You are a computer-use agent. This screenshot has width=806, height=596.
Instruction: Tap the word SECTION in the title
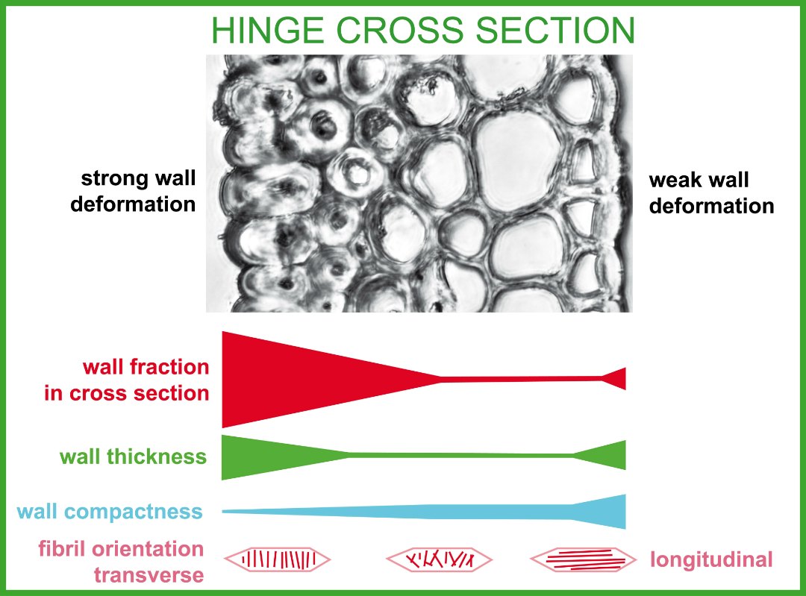click(555, 31)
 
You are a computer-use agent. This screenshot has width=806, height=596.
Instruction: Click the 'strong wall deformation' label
click(133, 191)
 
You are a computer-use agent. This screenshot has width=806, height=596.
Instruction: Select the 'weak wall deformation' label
click(711, 193)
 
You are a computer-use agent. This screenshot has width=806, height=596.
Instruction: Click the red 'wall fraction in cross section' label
click(126, 380)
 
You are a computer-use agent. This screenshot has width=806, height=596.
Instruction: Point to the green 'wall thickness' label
click(133, 457)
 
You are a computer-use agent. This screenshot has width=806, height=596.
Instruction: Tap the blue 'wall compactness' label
click(110, 512)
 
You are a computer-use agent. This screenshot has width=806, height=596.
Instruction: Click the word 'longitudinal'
click(711, 559)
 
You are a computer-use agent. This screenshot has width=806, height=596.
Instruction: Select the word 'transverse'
click(149, 575)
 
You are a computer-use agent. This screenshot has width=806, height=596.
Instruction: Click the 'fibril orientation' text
click(121, 549)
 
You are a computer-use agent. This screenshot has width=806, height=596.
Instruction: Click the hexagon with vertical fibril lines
click(278, 559)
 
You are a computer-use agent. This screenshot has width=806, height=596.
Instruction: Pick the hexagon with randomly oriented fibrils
click(439, 559)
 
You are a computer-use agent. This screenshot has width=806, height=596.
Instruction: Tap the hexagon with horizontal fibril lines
click(584, 559)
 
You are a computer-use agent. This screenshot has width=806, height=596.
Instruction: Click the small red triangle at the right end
click(617, 379)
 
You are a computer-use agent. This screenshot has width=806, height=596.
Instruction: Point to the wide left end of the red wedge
click(223, 380)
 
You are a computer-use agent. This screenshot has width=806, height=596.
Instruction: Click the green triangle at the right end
click(607, 455)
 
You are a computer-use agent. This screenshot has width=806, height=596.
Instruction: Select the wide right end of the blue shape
click(625, 512)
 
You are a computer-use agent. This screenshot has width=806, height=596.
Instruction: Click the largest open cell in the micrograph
click(516, 160)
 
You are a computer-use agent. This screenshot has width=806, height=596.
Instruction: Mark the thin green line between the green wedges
click(461, 455)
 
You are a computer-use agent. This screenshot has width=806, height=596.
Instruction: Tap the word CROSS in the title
click(399, 31)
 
